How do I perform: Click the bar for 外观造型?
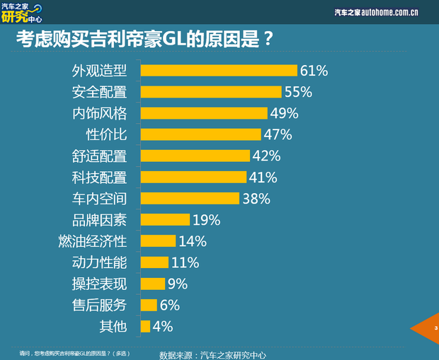(218, 70)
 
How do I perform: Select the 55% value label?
(298, 92)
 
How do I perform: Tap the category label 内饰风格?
(99, 113)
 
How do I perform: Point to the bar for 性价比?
(200, 134)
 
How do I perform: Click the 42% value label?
(267, 156)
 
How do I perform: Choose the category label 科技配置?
(99, 177)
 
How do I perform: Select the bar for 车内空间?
(190, 199)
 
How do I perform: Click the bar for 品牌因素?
(165, 220)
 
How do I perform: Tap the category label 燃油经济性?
(92, 241)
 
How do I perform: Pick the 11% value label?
(185, 263)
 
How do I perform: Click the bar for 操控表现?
(152, 284)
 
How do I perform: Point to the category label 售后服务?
(99, 306)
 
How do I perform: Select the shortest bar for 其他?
(145, 327)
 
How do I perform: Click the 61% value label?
(314, 71)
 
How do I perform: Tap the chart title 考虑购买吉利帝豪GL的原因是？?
(144, 38)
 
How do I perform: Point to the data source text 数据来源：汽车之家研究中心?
(212, 354)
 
